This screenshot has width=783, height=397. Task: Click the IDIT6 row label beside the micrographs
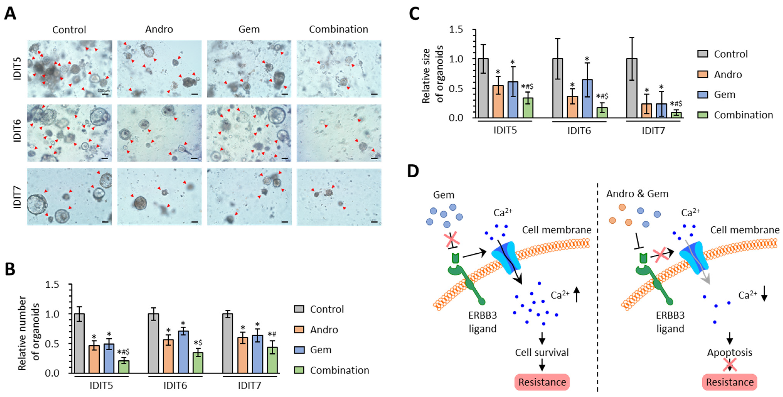click(17, 131)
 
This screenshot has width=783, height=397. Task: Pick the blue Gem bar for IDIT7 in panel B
click(258, 354)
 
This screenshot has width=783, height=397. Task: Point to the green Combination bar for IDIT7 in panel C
click(676, 115)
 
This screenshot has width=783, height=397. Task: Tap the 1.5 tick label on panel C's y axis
click(456, 30)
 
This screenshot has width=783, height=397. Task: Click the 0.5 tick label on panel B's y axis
click(52, 344)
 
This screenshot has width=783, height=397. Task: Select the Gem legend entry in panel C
click(724, 94)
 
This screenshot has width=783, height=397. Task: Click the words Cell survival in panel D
click(542, 353)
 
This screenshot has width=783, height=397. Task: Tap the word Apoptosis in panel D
click(729, 353)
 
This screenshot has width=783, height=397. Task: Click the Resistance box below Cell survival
click(542, 382)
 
